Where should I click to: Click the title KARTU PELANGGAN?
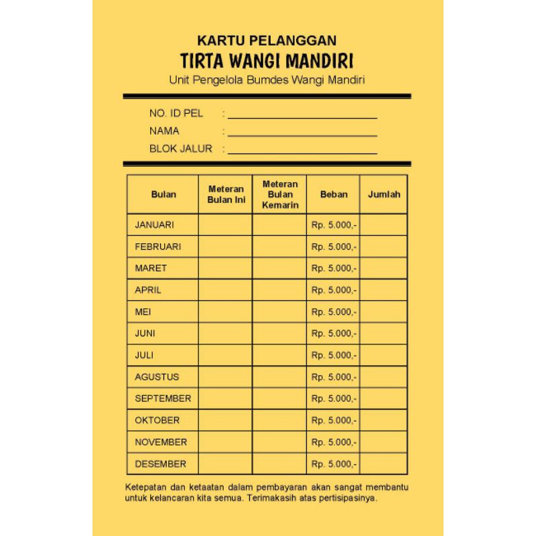(267, 41)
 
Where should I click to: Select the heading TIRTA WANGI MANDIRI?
(267, 61)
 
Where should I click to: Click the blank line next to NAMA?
(302, 135)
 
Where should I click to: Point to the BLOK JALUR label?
(180, 149)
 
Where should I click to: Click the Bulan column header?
(163, 194)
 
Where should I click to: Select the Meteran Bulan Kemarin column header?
(280, 194)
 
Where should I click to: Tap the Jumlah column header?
(384, 194)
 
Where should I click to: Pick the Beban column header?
(334, 194)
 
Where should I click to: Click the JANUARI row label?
(154, 224)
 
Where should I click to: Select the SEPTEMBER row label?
(163, 399)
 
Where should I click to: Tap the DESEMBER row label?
(161, 464)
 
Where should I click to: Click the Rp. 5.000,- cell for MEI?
(334, 312)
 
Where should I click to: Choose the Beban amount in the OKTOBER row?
(334, 420)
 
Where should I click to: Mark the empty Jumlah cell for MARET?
(384, 268)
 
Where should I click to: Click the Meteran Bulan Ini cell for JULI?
(226, 355)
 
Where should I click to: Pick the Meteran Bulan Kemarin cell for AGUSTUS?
(280, 377)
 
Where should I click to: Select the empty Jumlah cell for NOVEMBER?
(384, 442)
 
